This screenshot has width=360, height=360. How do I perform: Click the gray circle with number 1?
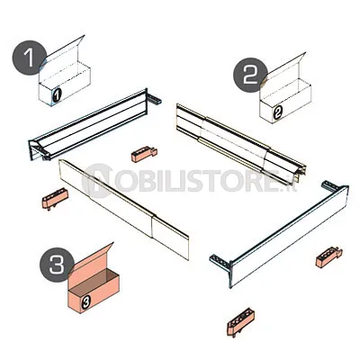coord(30,58)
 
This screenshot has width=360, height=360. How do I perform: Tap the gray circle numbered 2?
coord(251,75)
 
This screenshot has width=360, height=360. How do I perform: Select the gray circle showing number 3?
coord(57,265)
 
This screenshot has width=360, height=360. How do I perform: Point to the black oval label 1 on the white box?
coord(57,94)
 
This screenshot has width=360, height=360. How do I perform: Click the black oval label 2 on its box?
coord(278,112)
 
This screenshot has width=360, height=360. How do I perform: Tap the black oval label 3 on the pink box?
coord(85,301)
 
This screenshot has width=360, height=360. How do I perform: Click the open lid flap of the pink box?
coord(92,258)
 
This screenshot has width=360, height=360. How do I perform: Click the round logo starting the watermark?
coord(96,181)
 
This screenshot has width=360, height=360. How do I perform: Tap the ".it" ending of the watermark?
coord(291,184)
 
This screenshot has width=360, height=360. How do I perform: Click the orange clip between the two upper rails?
coord(144,154)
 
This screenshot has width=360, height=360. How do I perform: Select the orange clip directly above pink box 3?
coord(55,198)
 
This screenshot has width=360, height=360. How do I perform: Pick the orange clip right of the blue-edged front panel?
coord(328,256)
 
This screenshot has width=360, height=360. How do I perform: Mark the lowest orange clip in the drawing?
coord(240,322)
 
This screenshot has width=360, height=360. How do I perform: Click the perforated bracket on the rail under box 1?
coord(154,99)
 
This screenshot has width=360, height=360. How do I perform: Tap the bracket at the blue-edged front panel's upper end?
coord(330,186)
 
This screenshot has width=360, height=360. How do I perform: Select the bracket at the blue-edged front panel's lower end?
coord(220,262)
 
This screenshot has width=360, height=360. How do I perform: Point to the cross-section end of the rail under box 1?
coord(39,150)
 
